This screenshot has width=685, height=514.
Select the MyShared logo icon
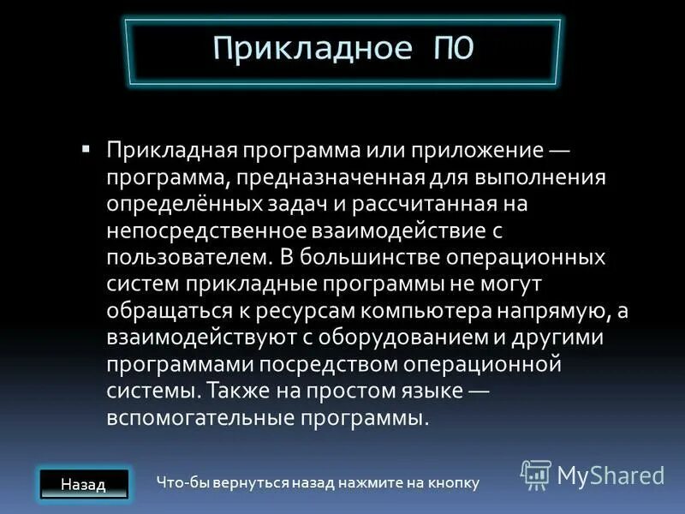pyautogui.click(x=536, y=474)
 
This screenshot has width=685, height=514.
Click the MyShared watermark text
pyautogui.click(x=611, y=475)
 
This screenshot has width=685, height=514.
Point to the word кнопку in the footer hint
pyautogui.click(x=452, y=484)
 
